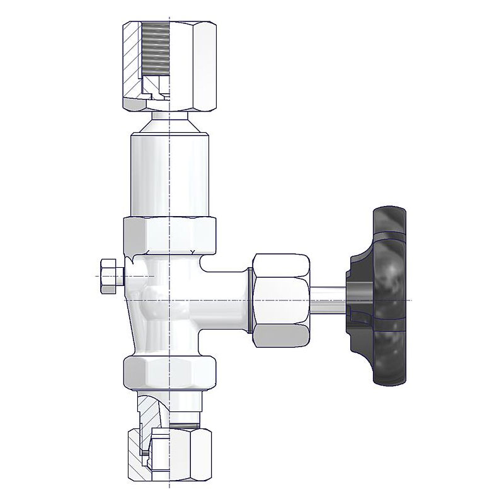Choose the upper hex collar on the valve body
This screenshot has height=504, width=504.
point(170,233)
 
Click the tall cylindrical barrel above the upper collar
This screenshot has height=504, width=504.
point(170,176)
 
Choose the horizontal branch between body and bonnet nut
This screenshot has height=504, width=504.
point(227,296)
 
